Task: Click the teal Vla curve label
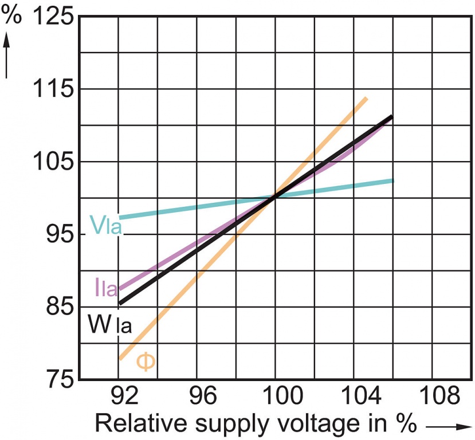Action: (106, 225)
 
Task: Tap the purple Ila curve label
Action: (106, 289)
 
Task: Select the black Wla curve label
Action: (110, 325)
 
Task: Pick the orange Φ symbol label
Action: (146, 362)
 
